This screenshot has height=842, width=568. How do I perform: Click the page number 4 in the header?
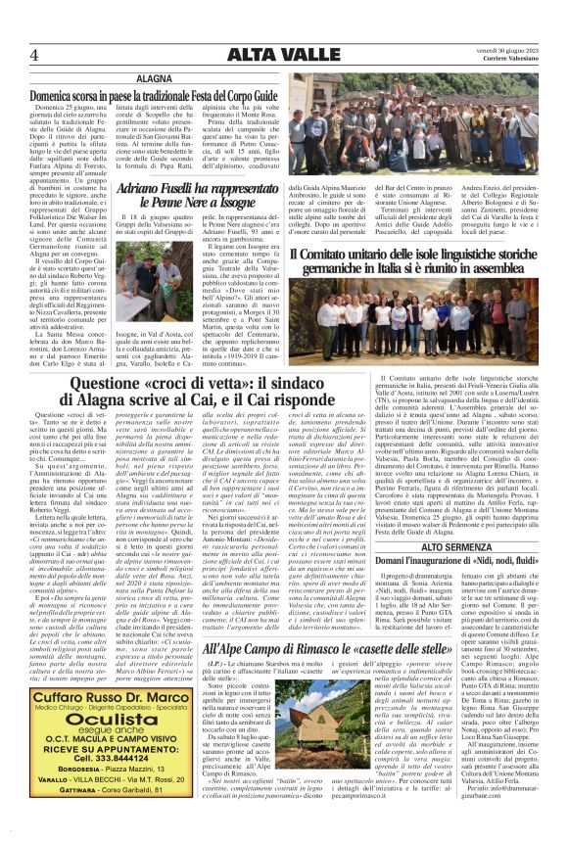pyautogui.click(x=33, y=54)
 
